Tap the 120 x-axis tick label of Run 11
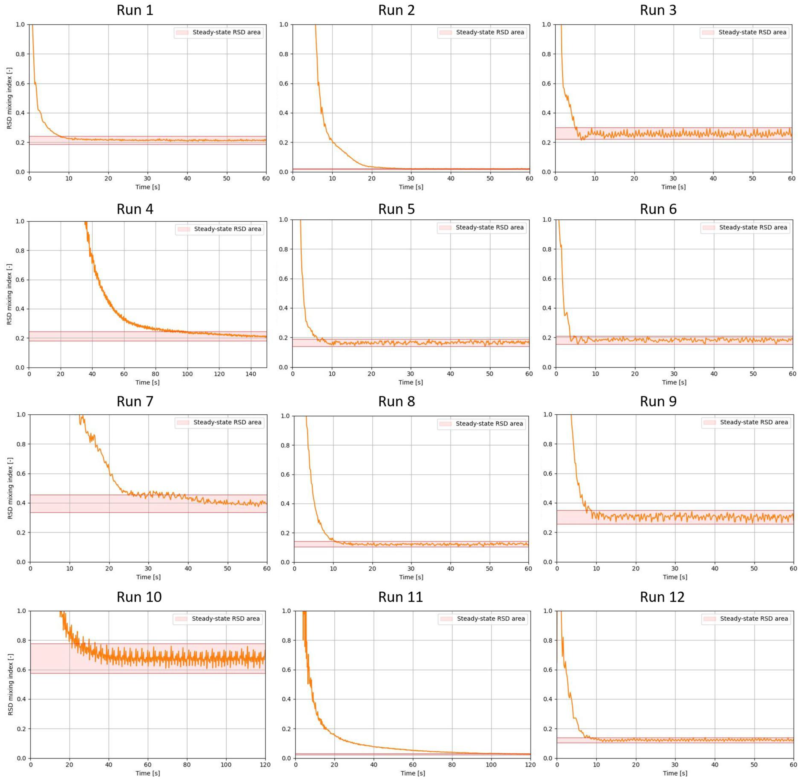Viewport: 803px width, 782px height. [530, 765]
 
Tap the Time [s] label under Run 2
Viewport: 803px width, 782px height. [411, 187]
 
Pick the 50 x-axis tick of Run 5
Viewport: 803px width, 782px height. [490, 374]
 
